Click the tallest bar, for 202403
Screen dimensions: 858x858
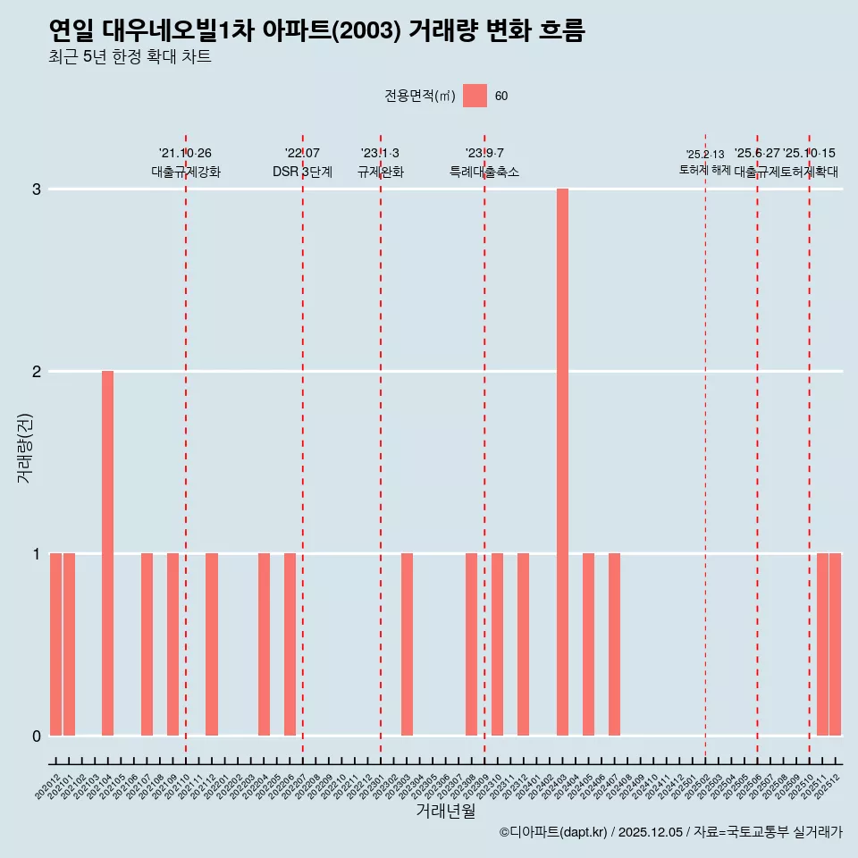[x=562, y=462]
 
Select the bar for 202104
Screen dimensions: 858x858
[x=107, y=553]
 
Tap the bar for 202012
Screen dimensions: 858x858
[x=55, y=644]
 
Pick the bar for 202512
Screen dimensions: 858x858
[x=836, y=644]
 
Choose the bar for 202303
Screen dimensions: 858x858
[x=407, y=644]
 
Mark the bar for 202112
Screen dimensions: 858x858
[x=212, y=644]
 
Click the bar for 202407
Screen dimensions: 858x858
[x=614, y=644]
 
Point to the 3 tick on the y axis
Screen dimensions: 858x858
[x=37, y=189]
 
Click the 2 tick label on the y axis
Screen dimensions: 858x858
[x=37, y=372]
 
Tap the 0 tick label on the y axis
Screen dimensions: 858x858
[x=37, y=736]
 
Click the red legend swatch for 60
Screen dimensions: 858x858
[x=475, y=96]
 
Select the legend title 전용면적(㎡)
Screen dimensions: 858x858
[x=419, y=97]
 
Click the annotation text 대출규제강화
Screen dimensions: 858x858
[x=186, y=172]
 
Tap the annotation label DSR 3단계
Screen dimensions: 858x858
[x=302, y=172]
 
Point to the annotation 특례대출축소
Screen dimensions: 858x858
[x=484, y=172]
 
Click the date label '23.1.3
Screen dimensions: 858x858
[x=381, y=154]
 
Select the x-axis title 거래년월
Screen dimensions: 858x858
[x=445, y=811]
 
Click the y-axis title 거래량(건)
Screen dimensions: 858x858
[x=24, y=447]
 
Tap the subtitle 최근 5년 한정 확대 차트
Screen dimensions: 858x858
[x=130, y=58]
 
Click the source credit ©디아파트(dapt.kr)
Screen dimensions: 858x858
[x=553, y=832]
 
